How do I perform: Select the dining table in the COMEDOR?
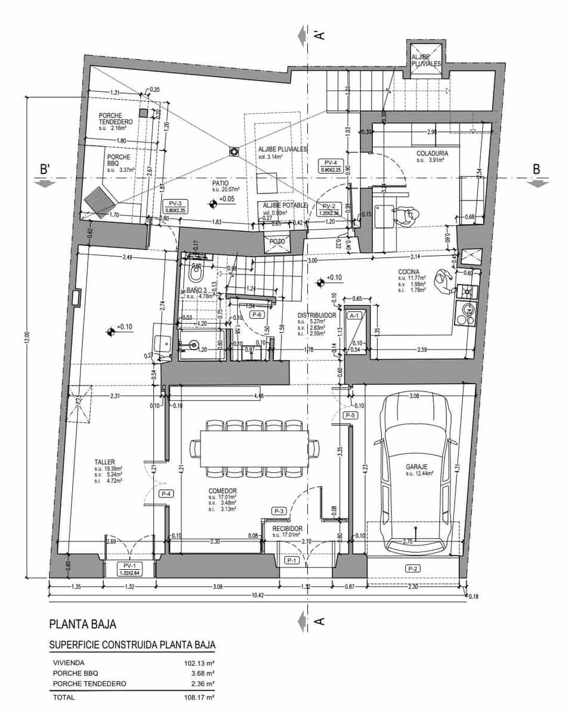pyautogui.click(x=255, y=447)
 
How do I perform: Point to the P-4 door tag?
pyautogui.click(x=166, y=494)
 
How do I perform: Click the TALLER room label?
pyautogui.click(x=105, y=462)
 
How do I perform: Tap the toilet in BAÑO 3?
pyautogui.click(x=194, y=275)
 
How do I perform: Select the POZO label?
pyautogui.click(x=277, y=241)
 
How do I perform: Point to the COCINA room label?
pyautogui.click(x=410, y=271)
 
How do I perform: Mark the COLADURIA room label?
pyautogui.click(x=432, y=153)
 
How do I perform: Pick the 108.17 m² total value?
pyautogui.click(x=199, y=697)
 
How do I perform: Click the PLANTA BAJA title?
pyautogui.click(x=82, y=625)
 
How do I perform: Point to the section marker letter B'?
pyautogui.click(x=44, y=169)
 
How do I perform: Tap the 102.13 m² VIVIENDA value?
pyautogui.click(x=199, y=662)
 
